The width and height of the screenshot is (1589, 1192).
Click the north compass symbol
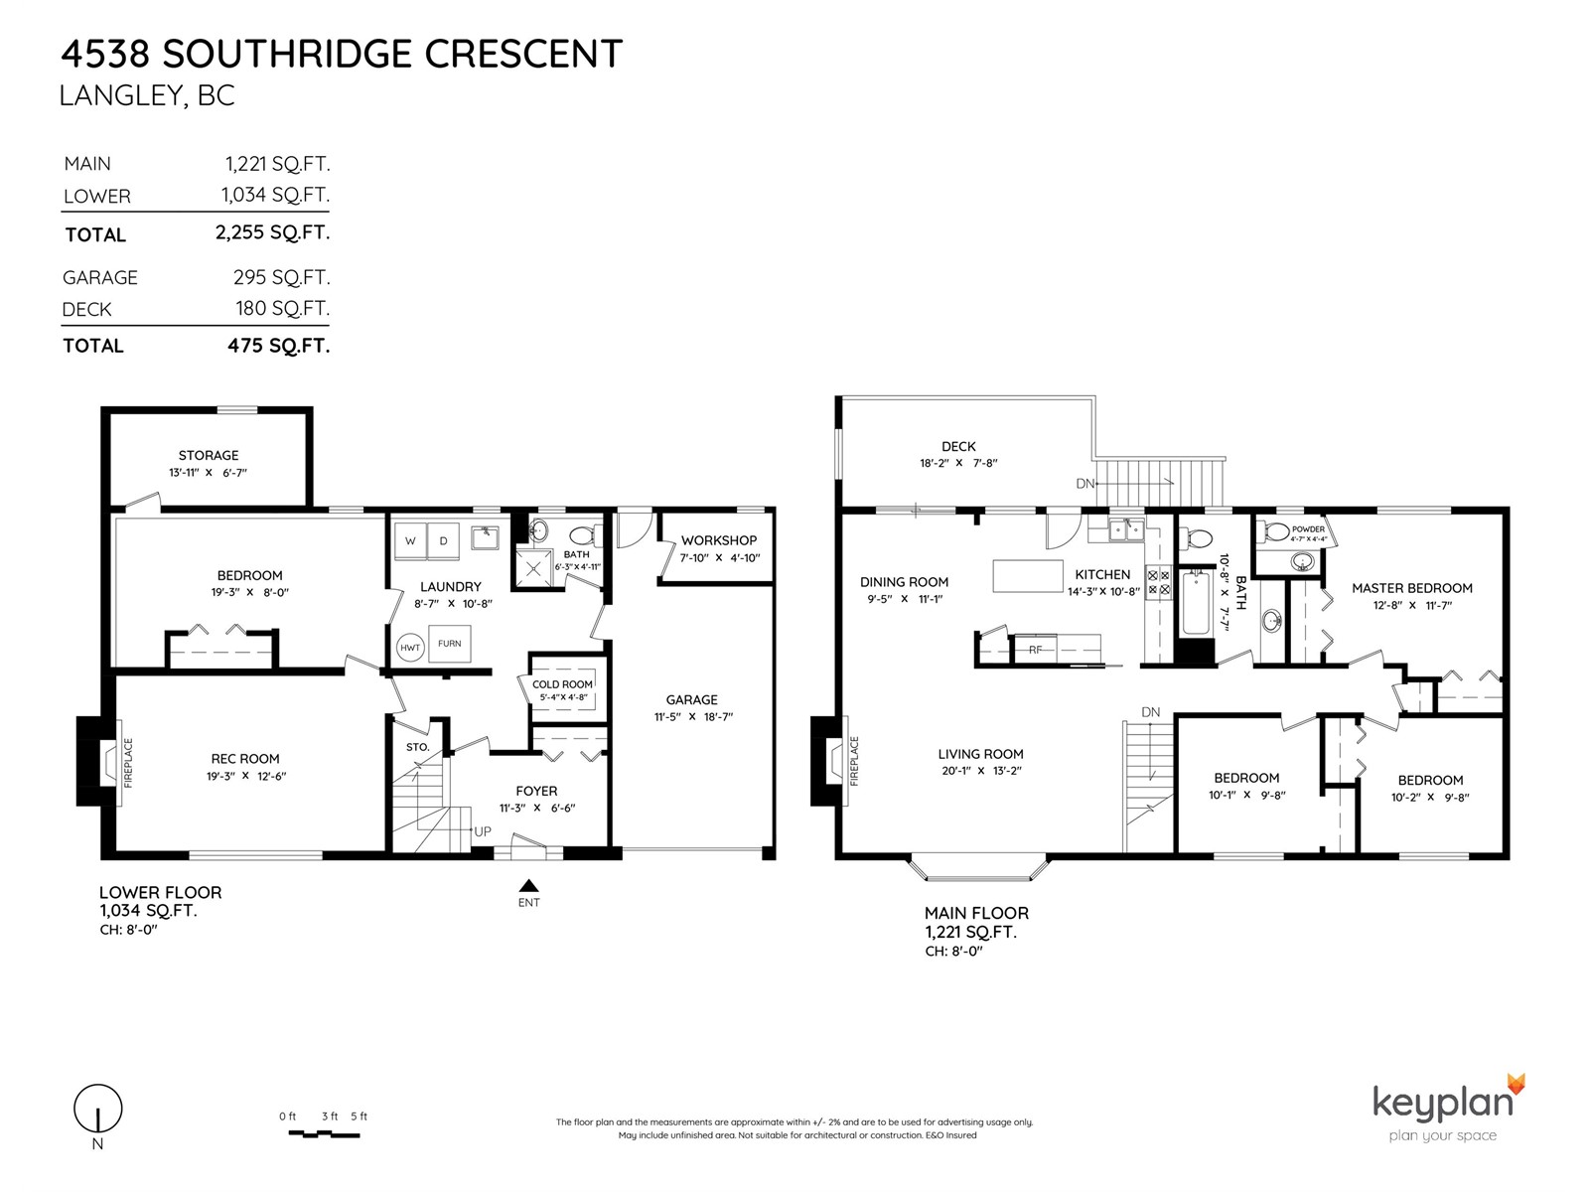(97, 1108)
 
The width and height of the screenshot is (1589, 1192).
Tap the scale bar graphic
(324, 1133)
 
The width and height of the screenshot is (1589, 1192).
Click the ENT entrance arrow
(529, 885)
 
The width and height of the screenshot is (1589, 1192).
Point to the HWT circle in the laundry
(410, 648)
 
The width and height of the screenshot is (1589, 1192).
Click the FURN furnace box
(450, 644)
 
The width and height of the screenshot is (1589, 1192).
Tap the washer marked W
(410, 540)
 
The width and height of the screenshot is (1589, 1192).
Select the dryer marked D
(443, 540)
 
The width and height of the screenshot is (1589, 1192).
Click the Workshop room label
(719, 540)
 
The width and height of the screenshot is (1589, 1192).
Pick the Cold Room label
(562, 684)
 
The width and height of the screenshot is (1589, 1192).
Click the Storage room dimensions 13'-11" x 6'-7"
(209, 473)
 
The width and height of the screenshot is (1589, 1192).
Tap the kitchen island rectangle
(1028, 576)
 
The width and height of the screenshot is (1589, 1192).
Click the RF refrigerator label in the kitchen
(1035, 650)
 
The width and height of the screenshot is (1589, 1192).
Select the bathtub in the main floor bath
(1195, 603)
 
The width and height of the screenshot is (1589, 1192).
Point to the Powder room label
(1308, 529)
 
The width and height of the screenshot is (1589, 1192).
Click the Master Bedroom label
(1411, 588)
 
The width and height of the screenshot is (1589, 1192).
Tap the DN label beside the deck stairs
(1084, 484)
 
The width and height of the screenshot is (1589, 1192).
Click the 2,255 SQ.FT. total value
(272, 232)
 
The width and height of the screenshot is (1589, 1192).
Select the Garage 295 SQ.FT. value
(282, 277)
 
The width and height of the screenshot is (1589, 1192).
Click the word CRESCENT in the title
(522, 54)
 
